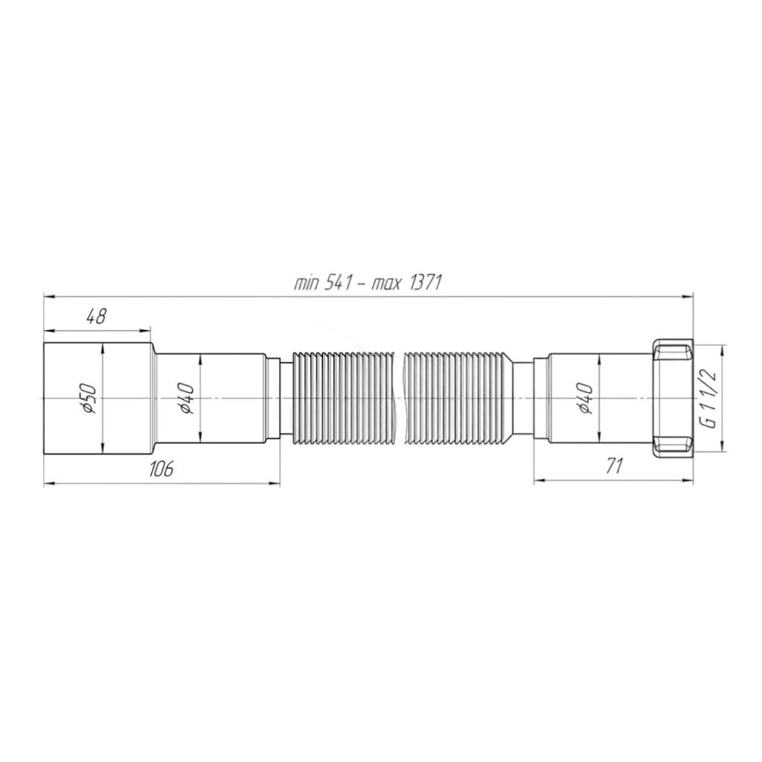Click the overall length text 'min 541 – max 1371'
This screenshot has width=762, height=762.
pos(368,283)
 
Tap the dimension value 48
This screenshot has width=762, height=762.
pos(96,317)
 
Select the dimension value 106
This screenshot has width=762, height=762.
pos(161,469)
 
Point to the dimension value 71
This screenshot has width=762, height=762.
pos(614,467)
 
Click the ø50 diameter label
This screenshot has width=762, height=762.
pos(90,398)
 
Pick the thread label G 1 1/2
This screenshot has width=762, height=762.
pos(711,398)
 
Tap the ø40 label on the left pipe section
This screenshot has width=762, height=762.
pos(187,398)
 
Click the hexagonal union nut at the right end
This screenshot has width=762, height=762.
pos(673,398)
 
